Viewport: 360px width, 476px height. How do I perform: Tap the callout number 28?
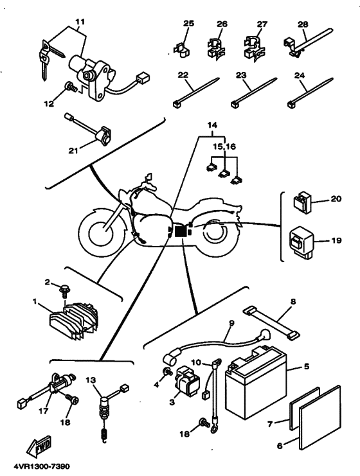303,24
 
